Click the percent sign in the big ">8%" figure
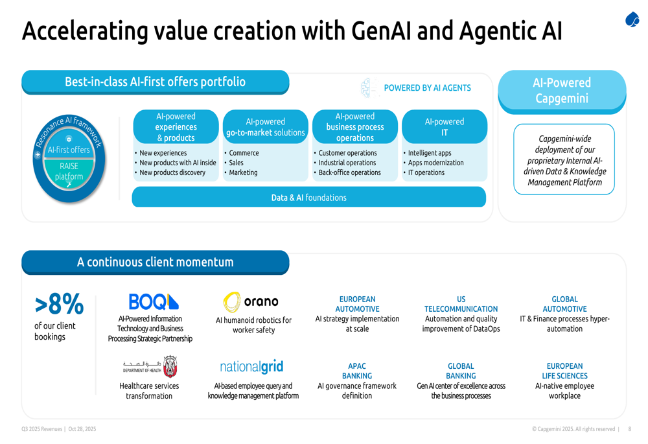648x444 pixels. click(x=73, y=304)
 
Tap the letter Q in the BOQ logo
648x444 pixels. click(x=158, y=302)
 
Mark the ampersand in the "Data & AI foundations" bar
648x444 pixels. click(x=292, y=198)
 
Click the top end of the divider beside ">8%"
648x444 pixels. click(x=96, y=295)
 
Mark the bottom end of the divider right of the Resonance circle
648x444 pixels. click(x=119, y=200)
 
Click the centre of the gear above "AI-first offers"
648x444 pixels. click(x=69, y=139)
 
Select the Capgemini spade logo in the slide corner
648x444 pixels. click(x=632, y=19)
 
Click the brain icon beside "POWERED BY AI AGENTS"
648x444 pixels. click(x=369, y=88)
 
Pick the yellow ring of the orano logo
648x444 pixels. click(x=232, y=302)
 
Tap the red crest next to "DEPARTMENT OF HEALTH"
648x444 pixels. click(x=170, y=366)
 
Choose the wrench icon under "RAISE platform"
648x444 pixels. click(x=69, y=185)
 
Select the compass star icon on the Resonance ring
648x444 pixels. click(x=38, y=155)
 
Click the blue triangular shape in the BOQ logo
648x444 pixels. click(x=173, y=302)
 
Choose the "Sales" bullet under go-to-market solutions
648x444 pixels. click(x=237, y=163)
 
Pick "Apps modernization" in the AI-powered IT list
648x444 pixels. click(x=436, y=163)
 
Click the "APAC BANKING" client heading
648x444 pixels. click(x=357, y=371)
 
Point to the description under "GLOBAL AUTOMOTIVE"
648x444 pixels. click(x=565, y=323)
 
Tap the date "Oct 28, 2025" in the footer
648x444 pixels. click(x=82, y=429)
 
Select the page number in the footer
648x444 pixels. click(x=630, y=429)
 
